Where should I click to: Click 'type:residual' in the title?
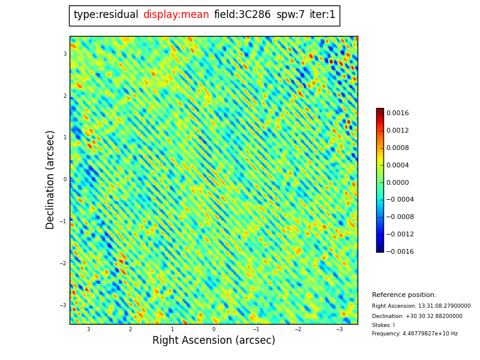(x=106, y=15)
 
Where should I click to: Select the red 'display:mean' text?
(x=176, y=15)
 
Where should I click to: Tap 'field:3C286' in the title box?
(x=242, y=15)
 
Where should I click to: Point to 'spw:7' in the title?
(x=290, y=15)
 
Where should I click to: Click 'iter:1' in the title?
(x=322, y=15)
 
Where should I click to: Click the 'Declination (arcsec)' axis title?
(x=50, y=179)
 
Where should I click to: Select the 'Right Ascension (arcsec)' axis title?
(x=214, y=341)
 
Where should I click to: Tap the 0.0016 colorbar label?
(x=397, y=113)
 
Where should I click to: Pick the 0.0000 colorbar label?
(x=397, y=182)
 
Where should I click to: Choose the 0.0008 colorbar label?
(x=397, y=148)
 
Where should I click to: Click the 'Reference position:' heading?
(x=404, y=295)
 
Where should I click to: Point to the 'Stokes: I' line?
(x=383, y=325)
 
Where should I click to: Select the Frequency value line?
(x=415, y=334)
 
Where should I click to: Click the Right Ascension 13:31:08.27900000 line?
(x=421, y=306)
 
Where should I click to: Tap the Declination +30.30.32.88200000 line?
(x=417, y=316)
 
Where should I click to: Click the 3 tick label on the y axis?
(x=65, y=54)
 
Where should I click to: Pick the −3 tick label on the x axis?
(x=339, y=329)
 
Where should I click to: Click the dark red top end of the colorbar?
(x=380, y=110)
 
